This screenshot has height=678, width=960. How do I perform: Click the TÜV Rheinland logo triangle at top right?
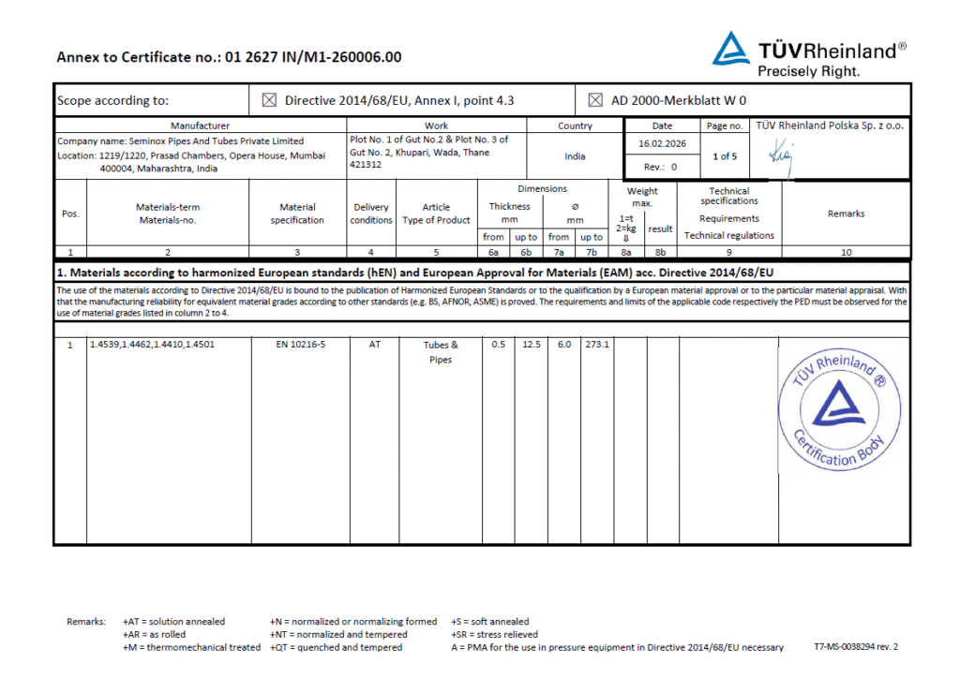pyautogui.click(x=731, y=52)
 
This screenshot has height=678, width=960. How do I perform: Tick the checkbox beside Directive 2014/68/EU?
pyautogui.click(x=270, y=100)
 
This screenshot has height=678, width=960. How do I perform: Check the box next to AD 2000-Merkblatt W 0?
pyautogui.click(x=594, y=100)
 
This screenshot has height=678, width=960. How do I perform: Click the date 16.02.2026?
pyautogui.click(x=663, y=143)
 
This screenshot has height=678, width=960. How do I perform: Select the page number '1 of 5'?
pyautogui.click(x=725, y=156)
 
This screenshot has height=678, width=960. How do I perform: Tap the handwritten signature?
pyautogui.click(x=779, y=156)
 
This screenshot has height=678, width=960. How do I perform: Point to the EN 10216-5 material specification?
pyautogui.click(x=298, y=345)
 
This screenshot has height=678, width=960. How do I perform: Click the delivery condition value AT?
pyautogui.click(x=371, y=345)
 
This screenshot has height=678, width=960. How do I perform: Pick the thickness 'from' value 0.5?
pyautogui.click(x=498, y=345)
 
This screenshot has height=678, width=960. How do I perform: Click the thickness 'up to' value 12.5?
pyautogui.click(x=531, y=345)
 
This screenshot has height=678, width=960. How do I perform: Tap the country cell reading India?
pyautogui.click(x=575, y=156)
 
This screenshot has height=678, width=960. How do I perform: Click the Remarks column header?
pyautogui.click(x=846, y=214)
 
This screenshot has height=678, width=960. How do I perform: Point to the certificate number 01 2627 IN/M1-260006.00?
pyautogui.click(x=313, y=57)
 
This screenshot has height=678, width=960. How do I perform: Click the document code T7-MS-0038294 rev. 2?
pyautogui.click(x=857, y=647)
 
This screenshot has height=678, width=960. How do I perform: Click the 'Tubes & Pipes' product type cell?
pyautogui.click(x=441, y=352)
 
